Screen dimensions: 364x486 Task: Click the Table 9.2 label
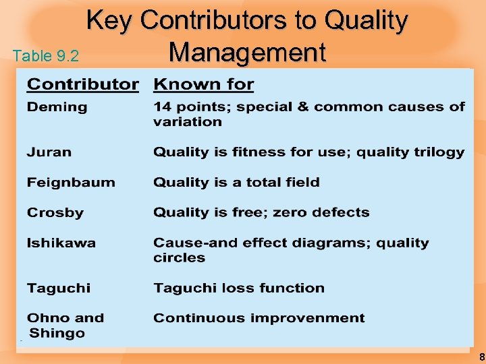tap(46, 55)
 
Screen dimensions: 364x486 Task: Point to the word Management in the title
tap(247, 52)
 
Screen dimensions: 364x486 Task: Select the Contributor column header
tap(82, 85)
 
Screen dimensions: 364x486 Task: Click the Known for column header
tap(203, 85)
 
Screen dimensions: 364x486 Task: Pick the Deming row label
tap(57, 107)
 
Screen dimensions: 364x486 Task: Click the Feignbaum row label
tap(71, 183)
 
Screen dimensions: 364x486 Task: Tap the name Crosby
tap(55, 213)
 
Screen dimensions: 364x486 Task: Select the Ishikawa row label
tap(61, 243)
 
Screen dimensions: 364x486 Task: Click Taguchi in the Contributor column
tap(58, 289)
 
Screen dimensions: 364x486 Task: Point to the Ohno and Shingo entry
tap(65, 326)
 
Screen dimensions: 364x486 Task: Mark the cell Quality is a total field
tap(236, 183)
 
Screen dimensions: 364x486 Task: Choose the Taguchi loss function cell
tap(238, 289)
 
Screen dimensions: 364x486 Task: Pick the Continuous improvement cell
tap(259, 318)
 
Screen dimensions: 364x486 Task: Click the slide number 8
tap(481, 357)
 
